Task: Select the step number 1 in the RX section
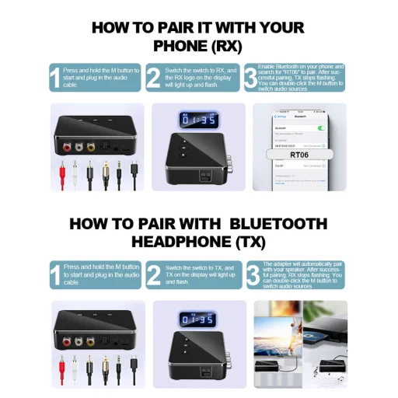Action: coord(54,79)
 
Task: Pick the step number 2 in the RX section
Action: coord(154,79)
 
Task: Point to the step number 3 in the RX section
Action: coord(250,79)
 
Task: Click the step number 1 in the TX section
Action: coord(54,274)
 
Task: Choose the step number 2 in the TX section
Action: coord(154,274)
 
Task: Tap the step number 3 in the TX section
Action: coord(252,274)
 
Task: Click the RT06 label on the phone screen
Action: coord(298,155)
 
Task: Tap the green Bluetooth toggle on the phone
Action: coord(320,126)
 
